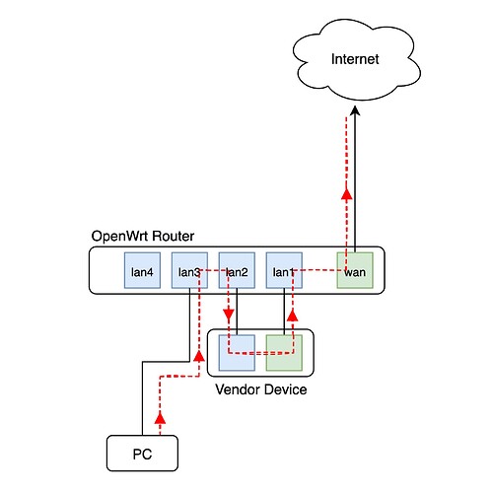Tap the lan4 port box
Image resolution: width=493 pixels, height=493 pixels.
pyautogui.click(x=142, y=270)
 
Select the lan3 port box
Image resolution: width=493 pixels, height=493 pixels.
pyautogui.click(x=189, y=270)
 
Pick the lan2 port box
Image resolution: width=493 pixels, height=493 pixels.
pyautogui.click(x=237, y=270)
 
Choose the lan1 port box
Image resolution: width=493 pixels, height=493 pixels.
pyautogui.click(x=284, y=270)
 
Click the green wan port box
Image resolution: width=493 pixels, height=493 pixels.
pyautogui.click(x=355, y=270)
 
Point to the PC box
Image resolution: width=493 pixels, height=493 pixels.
pyautogui.click(x=142, y=454)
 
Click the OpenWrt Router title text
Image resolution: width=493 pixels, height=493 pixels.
pyautogui.click(x=143, y=236)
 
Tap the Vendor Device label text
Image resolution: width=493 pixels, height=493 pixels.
pyautogui.click(x=261, y=389)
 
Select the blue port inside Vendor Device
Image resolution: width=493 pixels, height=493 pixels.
pyautogui.click(x=237, y=353)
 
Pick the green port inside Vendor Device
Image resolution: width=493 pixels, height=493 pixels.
pyautogui.click(x=284, y=353)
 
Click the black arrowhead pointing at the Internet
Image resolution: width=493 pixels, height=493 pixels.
pyautogui.click(x=355, y=110)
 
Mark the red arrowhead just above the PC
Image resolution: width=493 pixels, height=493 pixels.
pyautogui.click(x=160, y=417)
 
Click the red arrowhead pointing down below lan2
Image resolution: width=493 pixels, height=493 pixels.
pyautogui.click(x=229, y=315)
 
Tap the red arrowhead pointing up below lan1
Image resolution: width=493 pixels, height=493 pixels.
pyautogui.click(x=293, y=316)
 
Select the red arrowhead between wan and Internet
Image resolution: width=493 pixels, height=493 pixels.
pyautogui.click(x=346, y=193)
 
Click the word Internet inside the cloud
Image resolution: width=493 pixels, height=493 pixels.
pyautogui.click(x=355, y=59)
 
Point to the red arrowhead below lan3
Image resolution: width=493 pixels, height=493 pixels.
pyautogui.click(x=199, y=355)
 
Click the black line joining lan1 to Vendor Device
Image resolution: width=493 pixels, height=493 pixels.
pyautogui.click(x=284, y=312)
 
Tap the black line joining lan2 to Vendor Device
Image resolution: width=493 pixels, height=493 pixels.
pyautogui.click(x=237, y=312)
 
